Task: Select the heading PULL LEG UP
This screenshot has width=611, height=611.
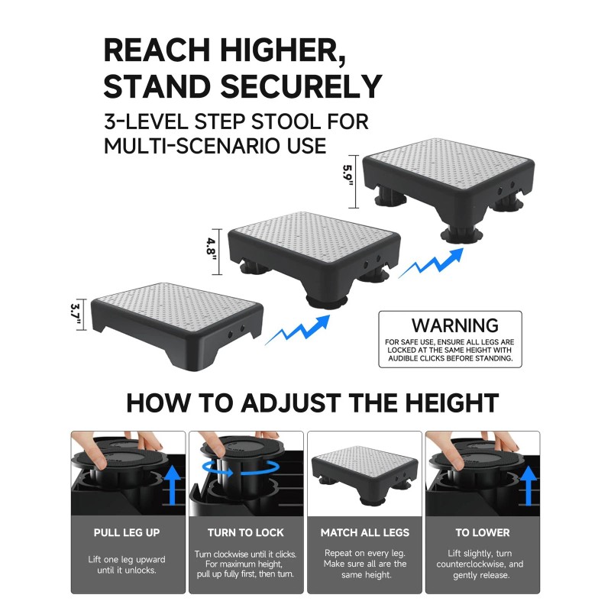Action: tap(128, 532)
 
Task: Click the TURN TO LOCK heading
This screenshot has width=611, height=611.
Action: tap(246, 532)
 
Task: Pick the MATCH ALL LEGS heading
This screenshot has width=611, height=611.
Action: tap(364, 532)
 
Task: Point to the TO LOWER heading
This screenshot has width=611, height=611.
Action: tap(483, 532)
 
